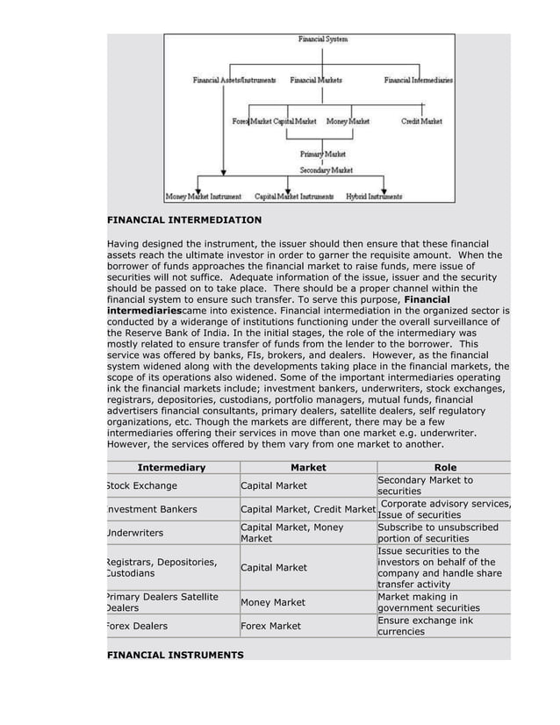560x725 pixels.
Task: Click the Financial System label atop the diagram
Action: [322, 39]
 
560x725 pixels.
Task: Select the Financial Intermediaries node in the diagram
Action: [419, 81]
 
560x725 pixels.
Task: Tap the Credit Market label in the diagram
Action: [421, 120]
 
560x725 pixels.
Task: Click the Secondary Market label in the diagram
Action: [326, 169]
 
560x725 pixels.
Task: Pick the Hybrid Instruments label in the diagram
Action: [374, 196]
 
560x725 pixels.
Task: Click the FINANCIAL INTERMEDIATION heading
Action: [184, 219]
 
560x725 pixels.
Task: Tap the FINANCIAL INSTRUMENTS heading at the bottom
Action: [175, 655]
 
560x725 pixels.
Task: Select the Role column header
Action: [445, 468]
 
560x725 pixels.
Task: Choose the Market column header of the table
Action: [308, 468]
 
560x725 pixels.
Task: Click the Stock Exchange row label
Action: [142, 485]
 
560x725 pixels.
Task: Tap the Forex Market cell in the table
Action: [270, 626]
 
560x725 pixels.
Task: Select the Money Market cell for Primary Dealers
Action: [273, 602]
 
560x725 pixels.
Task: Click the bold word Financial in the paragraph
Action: [427, 300]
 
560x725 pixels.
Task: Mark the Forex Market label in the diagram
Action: [251, 120]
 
